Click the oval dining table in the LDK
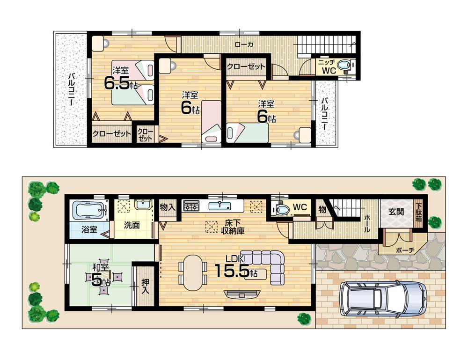(x=192, y=272)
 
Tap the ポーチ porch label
(x=405, y=250)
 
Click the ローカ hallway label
(x=244, y=45)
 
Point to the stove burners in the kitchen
(x=191, y=205)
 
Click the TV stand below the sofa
(x=241, y=294)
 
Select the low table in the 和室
(x=104, y=279)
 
